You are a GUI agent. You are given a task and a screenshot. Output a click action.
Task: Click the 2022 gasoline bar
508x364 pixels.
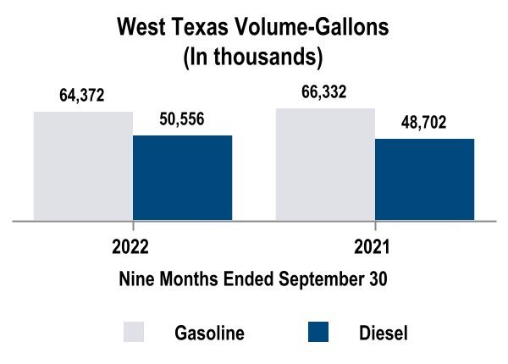click(x=83, y=166)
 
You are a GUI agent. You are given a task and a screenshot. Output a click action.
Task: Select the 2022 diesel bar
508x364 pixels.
click(x=182, y=178)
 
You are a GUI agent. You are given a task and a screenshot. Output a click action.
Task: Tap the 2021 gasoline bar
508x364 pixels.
click(x=325, y=164)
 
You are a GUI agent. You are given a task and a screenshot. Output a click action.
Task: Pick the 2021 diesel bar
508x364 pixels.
click(x=424, y=179)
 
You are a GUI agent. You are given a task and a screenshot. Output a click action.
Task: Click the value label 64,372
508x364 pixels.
click(x=82, y=96)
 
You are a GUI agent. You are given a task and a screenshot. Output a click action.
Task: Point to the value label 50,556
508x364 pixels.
click(x=182, y=119)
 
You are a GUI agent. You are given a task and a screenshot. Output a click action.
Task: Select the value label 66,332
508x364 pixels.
click(x=325, y=92)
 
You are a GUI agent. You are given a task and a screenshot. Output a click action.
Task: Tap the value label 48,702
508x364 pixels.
click(x=424, y=123)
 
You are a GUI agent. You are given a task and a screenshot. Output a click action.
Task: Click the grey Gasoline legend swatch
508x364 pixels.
click(x=134, y=332)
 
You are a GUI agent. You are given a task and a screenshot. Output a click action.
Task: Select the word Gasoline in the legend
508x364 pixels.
click(x=209, y=333)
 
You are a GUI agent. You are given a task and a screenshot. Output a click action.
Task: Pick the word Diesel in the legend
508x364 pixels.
click(x=384, y=333)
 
